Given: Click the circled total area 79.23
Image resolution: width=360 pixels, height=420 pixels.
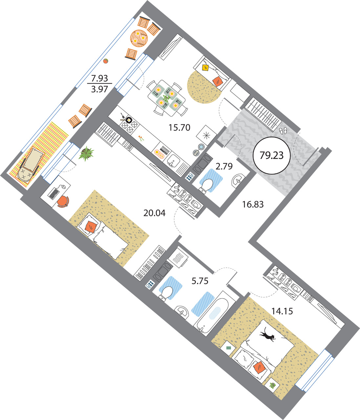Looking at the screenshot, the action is click(271, 156).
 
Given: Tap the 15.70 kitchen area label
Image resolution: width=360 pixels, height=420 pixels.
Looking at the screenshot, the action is click(179, 127).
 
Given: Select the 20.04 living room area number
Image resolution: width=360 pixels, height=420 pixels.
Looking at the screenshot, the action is click(154, 213).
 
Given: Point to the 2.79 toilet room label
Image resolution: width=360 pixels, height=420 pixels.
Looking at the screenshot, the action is click(224, 166).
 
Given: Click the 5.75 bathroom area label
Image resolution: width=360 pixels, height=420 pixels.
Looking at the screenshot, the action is click(200, 281).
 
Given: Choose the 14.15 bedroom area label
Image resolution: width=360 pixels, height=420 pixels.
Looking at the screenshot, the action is click(282, 311).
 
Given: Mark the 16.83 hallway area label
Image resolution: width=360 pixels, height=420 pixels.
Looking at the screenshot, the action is click(253, 204).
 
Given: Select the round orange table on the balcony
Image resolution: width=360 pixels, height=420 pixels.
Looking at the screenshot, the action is click(139, 38).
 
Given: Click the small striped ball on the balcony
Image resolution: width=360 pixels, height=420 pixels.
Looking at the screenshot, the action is click(105, 61).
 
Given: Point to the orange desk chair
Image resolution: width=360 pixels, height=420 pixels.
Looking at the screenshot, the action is click(63, 201).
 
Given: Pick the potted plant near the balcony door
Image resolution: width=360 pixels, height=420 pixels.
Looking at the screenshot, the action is click(86, 154).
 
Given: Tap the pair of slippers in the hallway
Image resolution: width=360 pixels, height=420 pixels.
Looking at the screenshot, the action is click(283, 131).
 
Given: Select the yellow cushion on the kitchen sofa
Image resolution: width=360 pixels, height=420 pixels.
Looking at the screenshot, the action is click(205, 67).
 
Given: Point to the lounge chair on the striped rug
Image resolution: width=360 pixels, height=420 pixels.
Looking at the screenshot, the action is click(30, 165).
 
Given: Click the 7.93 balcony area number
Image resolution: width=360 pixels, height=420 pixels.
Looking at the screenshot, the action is click(99, 78).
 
